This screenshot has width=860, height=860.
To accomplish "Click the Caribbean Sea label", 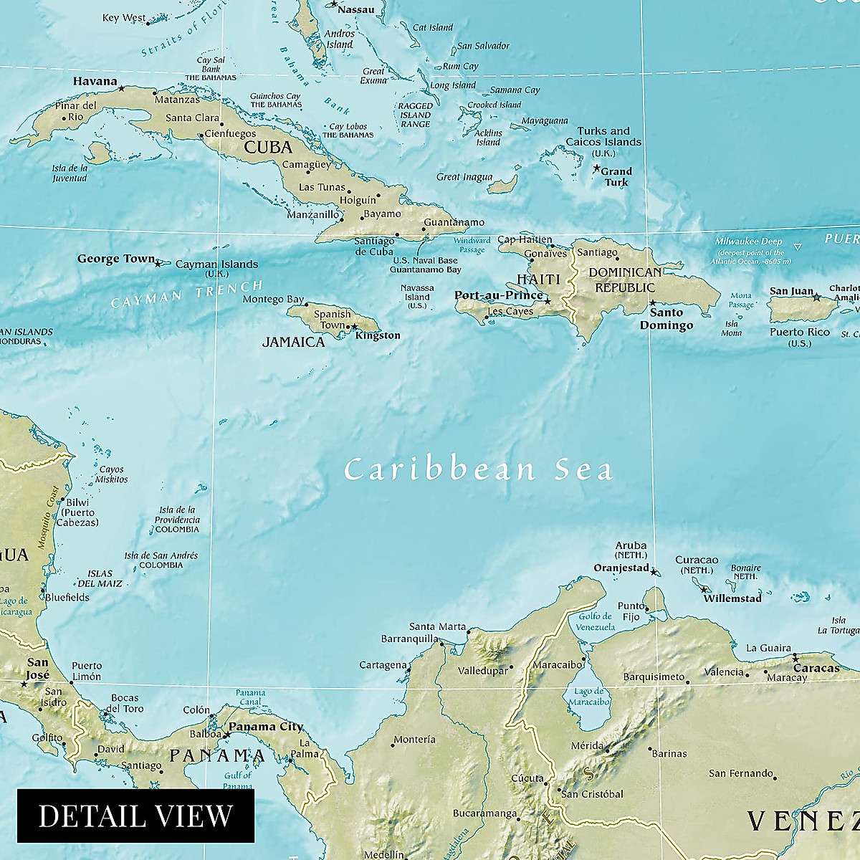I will pos(478,470).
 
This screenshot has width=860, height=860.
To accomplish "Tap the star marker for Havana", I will pos(121,88).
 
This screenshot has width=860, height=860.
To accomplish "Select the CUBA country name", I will pos(268,148).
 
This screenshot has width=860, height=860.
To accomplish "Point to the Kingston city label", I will pos(378,335).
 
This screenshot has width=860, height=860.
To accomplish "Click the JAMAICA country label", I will pos(293,342).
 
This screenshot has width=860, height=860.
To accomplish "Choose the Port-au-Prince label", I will pos(498,295).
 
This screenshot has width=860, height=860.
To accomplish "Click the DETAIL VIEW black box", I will pos(135,816).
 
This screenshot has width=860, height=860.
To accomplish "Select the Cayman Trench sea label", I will pos(187,294).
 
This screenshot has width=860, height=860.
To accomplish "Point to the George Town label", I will pos(115,259).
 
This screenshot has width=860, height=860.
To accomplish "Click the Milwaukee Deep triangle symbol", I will pos(798,247).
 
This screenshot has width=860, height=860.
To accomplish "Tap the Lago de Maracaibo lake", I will pos(592,695).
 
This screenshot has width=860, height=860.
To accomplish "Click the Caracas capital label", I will pos(816,668).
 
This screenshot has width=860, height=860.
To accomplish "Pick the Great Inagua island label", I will pos(464,177).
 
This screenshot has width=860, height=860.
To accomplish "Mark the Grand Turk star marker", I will pos(596,168).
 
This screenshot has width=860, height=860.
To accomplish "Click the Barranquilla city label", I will pos(409,639).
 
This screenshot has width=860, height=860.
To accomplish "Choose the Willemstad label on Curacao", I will pos(732,598).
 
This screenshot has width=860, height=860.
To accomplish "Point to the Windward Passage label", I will pos(472,245).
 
